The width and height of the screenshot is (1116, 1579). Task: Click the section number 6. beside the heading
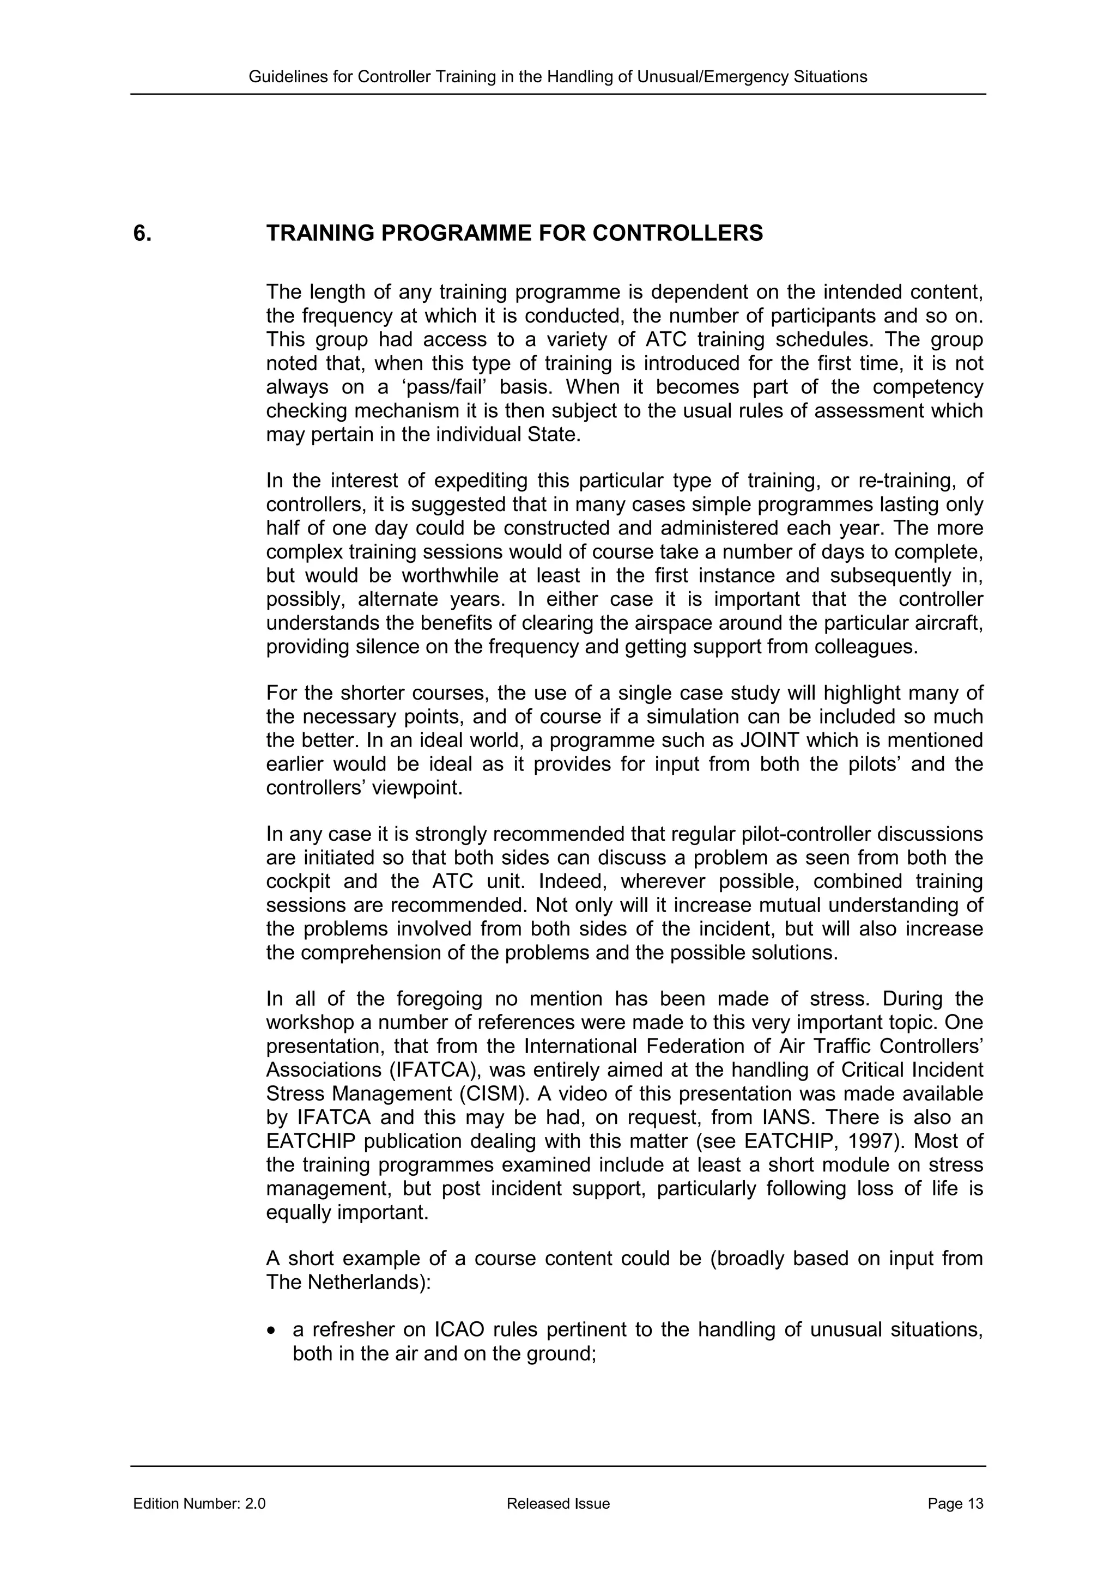click(142, 234)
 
